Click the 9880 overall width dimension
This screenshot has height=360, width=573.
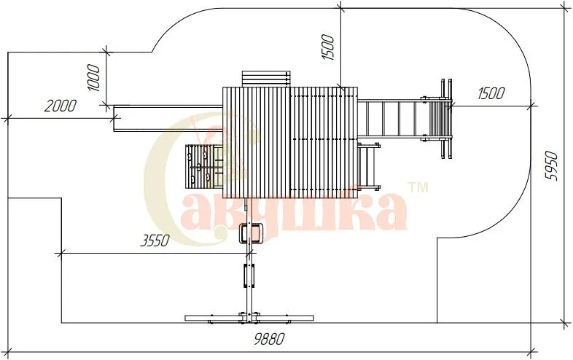tap(269, 339)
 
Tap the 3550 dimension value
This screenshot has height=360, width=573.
tap(155, 241)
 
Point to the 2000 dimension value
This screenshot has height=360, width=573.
tap(61, 106)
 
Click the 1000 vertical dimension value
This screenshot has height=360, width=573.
tap(93, 78)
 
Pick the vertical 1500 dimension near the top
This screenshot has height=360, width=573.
tap(328, 47)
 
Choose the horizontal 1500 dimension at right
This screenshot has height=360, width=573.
tap(491, 93)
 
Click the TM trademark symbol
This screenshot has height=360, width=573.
tap(418, 187)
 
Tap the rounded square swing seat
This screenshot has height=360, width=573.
tap(250, 233)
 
